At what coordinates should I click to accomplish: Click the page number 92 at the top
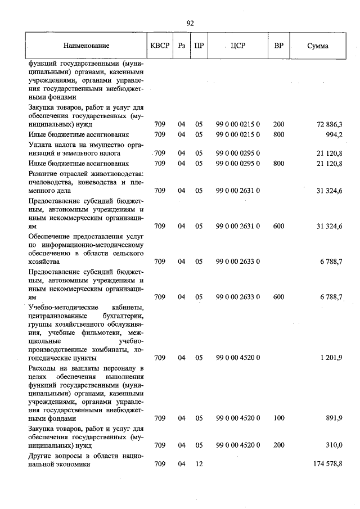[190, 23]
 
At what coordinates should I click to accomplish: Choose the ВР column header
[278, 45]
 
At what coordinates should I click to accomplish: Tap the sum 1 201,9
[330, 358]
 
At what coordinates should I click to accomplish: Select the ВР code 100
[278, 418]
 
